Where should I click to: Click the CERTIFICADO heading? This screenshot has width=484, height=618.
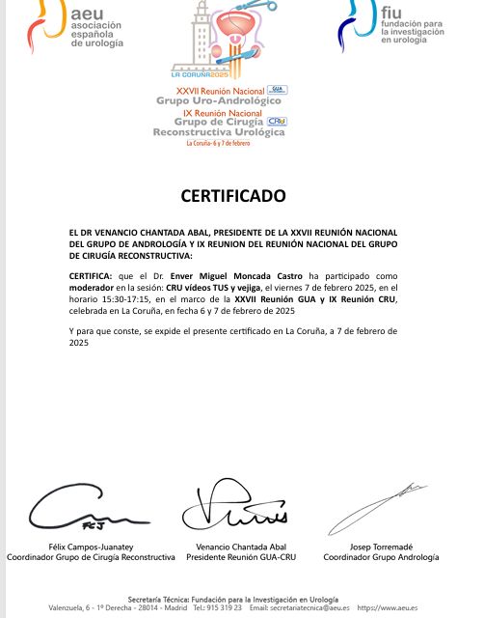(x=233, y=196)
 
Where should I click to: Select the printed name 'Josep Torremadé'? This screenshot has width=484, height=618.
(x=381, y=547)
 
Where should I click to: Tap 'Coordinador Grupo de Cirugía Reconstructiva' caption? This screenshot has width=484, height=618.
(x=92, y=557)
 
